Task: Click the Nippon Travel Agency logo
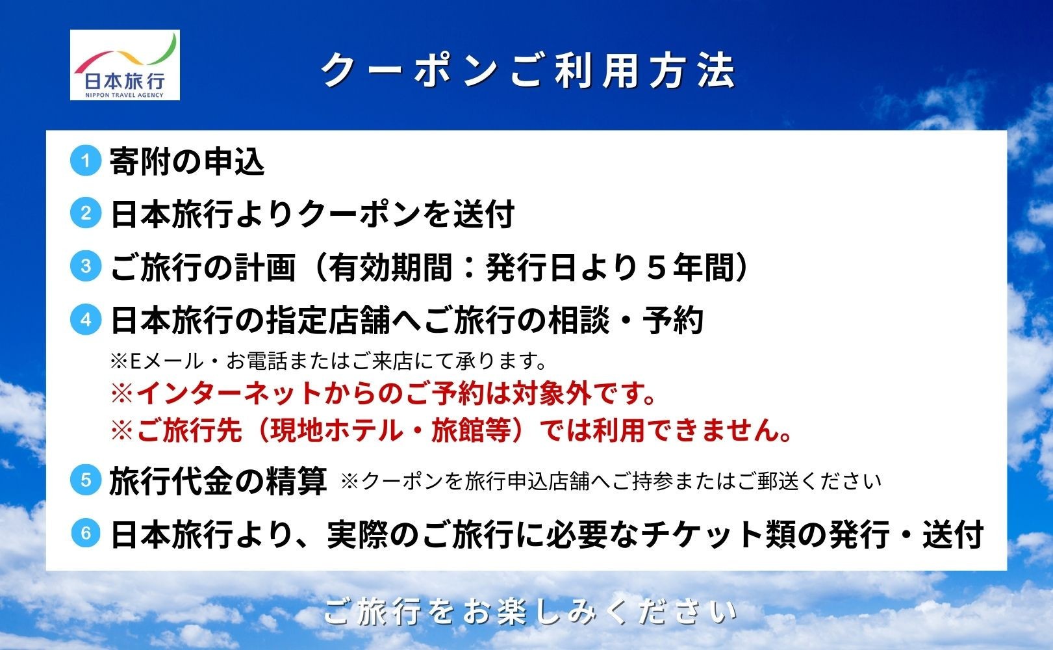125,65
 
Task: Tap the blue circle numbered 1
86,161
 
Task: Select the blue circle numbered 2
86,213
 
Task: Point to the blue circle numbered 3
86,266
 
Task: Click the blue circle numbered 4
86,319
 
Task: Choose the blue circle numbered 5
86,479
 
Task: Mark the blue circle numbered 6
86,533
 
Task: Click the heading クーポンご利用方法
528,71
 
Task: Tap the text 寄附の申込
187,161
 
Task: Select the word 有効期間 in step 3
390,267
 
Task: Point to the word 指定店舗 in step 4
329,320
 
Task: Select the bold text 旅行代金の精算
218,481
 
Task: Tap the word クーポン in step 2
359,214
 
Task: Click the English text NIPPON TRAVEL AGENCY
125,95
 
